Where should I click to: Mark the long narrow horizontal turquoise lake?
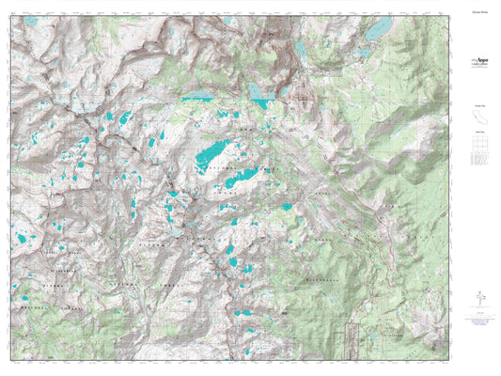click(x=198, y=96)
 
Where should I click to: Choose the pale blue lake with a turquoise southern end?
click(x=258, y=90)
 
